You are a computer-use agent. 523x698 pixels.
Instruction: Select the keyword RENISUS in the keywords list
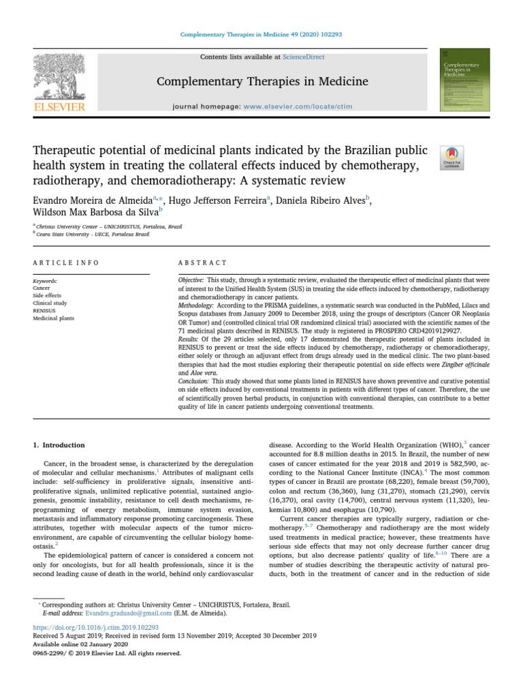45,310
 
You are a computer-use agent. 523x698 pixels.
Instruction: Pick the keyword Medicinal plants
53,318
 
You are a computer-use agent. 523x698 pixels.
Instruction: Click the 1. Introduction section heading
59,445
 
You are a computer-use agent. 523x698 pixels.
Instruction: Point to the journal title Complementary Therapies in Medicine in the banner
262,82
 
